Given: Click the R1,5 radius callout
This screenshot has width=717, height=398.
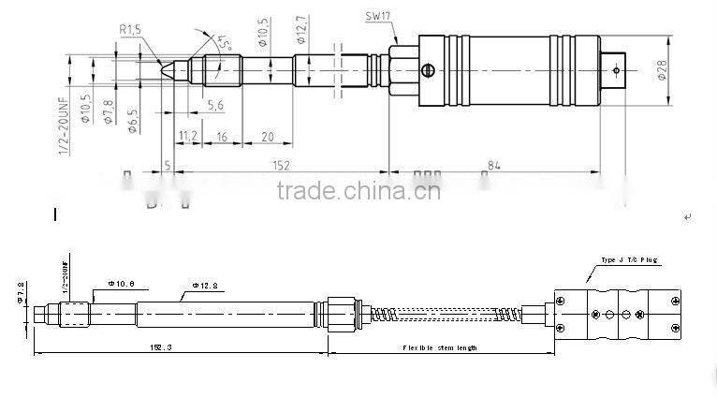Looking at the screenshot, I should (129, 31).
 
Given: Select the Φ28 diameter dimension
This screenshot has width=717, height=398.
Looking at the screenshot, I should (662, 68).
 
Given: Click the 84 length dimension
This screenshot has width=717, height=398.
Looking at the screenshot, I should (493, 165).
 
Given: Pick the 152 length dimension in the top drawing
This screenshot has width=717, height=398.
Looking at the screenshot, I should (281, 165).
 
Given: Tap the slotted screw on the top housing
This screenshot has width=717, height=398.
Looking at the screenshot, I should (429, 69).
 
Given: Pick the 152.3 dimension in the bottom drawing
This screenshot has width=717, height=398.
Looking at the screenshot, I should (160, 347).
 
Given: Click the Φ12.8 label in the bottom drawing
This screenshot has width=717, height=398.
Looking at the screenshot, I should (207, 284).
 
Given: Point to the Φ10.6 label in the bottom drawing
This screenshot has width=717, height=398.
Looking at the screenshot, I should (122, 283).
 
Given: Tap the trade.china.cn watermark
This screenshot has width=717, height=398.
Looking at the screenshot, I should (358, 192).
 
